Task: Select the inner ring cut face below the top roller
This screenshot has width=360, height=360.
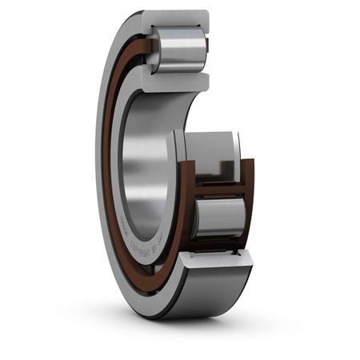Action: click(178, 81)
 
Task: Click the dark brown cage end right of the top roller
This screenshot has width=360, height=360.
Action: click(205, 50)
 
